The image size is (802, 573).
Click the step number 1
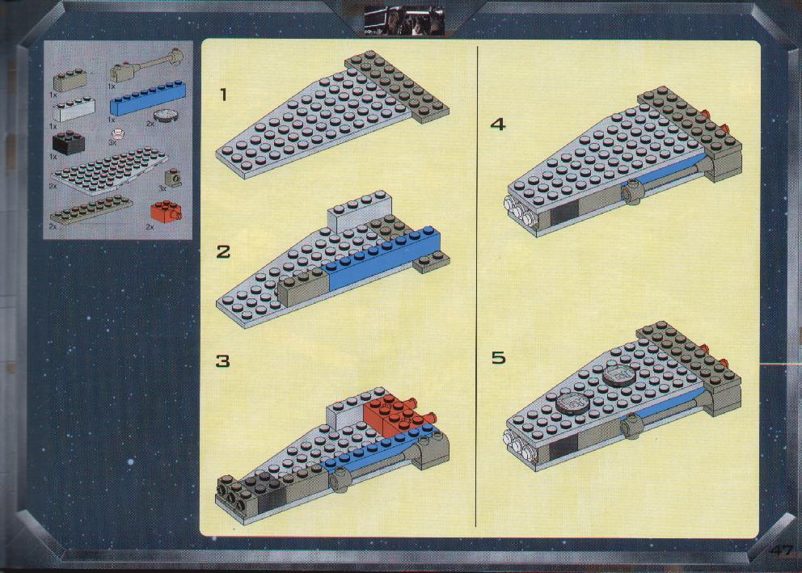[x=223, y=95]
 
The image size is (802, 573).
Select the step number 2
[x=223, y=251]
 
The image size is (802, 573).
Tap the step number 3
[x=223, y=361]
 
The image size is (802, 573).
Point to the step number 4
[x=498, y=124]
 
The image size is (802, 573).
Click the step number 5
[x=499, y=357]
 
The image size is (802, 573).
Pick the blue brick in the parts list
[x=148, y=98]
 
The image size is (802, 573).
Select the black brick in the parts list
[x=68, y=142]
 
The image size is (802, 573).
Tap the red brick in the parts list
[x=166, y=211]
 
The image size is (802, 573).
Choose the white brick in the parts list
[x=74, y=109]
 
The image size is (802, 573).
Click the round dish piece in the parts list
[x=166, y=116]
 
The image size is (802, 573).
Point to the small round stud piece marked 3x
[x=119, y=135]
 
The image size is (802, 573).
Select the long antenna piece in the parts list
[x=146, y=65]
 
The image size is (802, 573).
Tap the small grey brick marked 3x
[x=174, y=179]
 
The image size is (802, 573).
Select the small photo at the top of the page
[x=404, y=20]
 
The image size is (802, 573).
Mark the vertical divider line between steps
[x=477, y=286]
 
